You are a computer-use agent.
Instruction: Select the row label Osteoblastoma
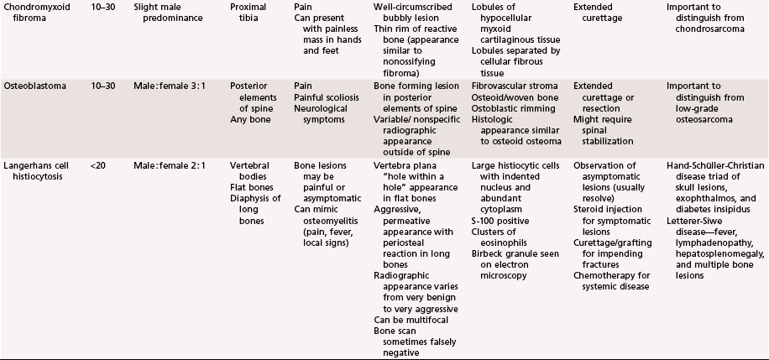(30, 86)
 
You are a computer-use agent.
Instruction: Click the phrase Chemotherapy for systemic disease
(615, 280)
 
